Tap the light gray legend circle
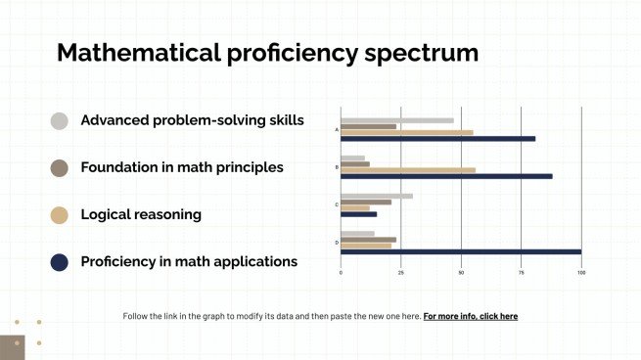pyautogui.click(x=60, y=121)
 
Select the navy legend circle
pyautogui.click(x=60, y=261)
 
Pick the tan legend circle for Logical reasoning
pyautogui.click(x=60, y=215)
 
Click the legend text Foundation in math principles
pyautogui.click(x=182, y=167)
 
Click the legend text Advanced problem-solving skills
pyautogui.click(x=192, y=120)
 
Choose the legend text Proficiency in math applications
pyautogui.click(x=189, y=261)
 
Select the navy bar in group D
pyautogui.click(x=460, y=251)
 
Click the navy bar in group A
pyautogui.click(x=437, y=139)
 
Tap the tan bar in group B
pyautogui.click(x=407, y=170)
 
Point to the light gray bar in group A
pyautogui.click(x=396, y=120)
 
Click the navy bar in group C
pyautogui.click(x=358, y=214)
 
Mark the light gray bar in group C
pyautogui.click(x=376, y=196)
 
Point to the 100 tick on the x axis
pyautogui.click(x=581, y=272)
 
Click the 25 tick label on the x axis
pyautogui.click(x=400, y=272)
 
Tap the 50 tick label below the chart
pyautogui.click(x=461, y=272)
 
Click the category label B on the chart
pyautogui.click(x=337, y=167)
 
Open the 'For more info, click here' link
pyautogui.click(x=471, y=316)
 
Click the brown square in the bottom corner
pyautogui.click(x=12, y=346)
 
